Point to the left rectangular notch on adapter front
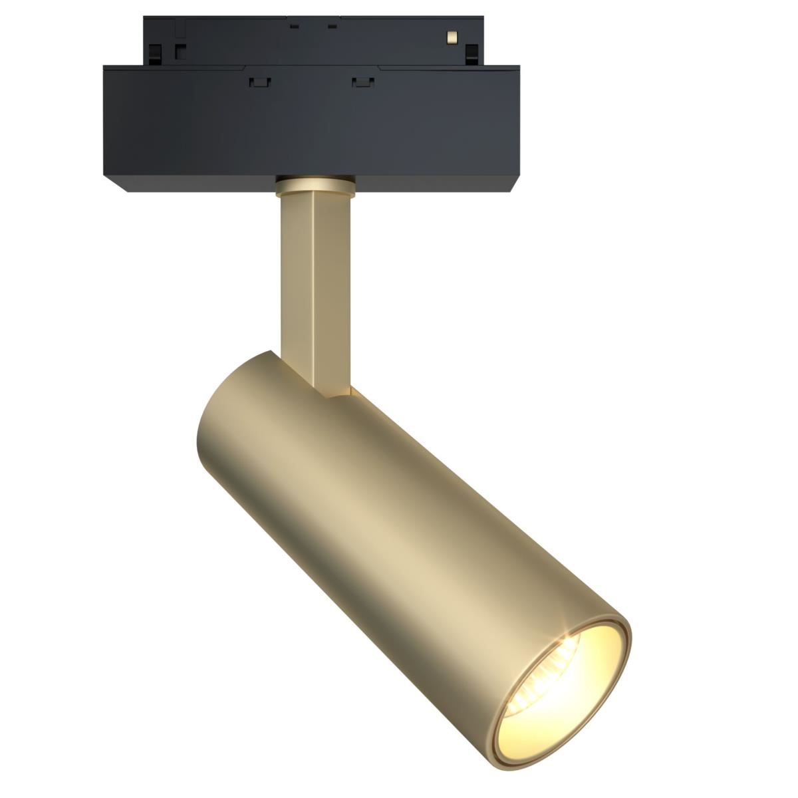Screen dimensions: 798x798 [261, 81]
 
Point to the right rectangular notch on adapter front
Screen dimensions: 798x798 [362, 81]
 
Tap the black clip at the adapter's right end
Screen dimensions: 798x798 [472, 53]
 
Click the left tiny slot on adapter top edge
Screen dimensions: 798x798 [293, 27]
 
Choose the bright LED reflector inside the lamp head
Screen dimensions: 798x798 [542, 692]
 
